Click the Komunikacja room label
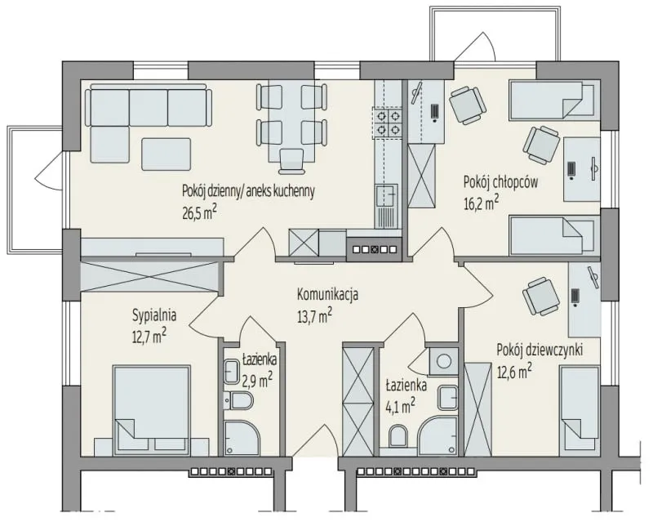tap(327, 295)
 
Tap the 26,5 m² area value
tap(199, 213)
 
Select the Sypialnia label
tap(154, 315)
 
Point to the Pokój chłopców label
tap(500, 182)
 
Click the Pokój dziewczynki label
tap(540, 350)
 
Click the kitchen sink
tap(385, 196)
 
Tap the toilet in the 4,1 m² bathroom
tap(399, 435)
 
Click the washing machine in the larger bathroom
tap(443, 359)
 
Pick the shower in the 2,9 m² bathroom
tap(242, 438)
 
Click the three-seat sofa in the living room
tap(149, 106)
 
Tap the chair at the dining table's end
tap(291, 161)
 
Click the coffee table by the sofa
tap(167, 154)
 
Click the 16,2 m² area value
tap(481, 204)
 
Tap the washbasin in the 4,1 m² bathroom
tap(448, 398)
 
